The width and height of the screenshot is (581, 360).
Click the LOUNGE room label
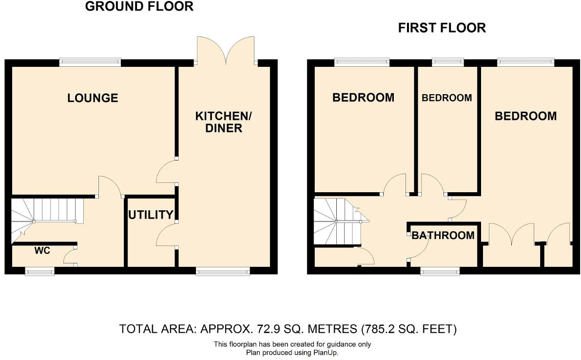pos(93,98)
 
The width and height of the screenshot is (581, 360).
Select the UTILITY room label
pos(151,215)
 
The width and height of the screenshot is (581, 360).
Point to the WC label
pos(42,251)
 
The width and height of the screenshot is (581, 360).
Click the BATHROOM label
pos(443,236)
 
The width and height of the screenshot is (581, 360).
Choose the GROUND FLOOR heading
pos(139,7)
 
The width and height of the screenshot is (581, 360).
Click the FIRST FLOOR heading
pos(442,28)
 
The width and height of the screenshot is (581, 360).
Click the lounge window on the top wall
pos(90,62)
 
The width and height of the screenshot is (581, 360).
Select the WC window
pos(39,271)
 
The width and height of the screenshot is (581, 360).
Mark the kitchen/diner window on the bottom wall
pos(223,271)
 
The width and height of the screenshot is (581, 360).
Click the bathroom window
pos(440,271)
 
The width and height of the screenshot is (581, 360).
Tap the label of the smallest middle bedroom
pos(446,98)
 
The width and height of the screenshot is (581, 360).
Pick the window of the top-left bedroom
pos(362,62)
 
